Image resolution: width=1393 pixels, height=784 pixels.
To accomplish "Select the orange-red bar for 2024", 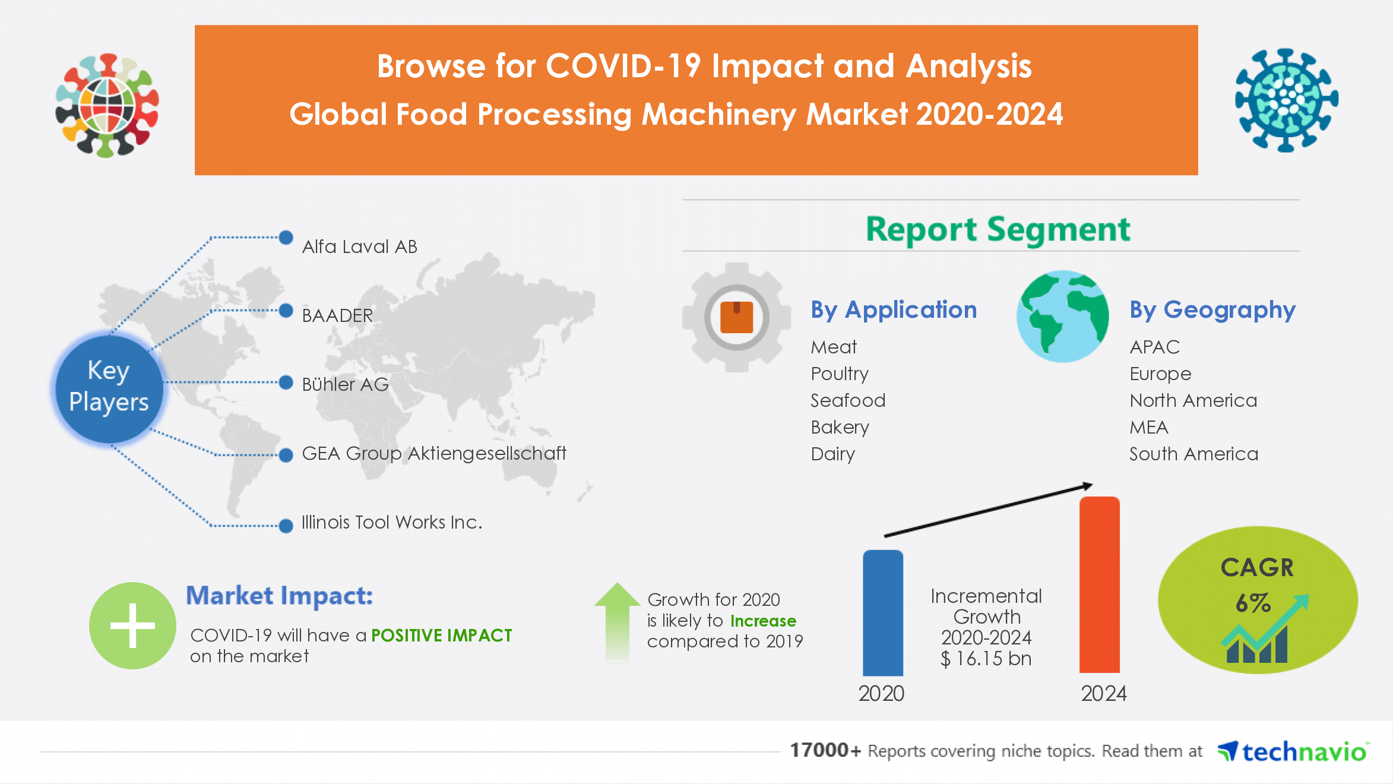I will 1099,585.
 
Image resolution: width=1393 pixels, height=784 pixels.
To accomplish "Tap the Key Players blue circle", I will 109,387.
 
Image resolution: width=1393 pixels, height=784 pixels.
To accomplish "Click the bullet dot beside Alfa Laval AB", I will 286,238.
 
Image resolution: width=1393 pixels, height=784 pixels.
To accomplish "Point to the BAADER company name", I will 337,315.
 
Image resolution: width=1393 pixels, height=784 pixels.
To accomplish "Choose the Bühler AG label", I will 345,384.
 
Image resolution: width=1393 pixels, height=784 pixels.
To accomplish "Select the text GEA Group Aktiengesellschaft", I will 434,453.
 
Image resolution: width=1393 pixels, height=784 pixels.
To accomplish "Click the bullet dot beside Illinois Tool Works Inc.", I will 286,526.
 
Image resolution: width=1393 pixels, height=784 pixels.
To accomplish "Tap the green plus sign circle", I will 132,625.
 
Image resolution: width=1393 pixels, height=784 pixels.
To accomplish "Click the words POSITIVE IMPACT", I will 441,636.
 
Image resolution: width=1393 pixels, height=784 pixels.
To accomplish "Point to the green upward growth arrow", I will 617,621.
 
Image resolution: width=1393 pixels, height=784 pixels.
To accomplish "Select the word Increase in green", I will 763,621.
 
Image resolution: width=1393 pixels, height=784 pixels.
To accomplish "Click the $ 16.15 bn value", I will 986,659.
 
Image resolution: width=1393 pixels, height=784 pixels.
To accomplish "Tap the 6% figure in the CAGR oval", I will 1252,603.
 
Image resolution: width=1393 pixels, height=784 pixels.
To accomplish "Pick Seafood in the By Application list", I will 848,400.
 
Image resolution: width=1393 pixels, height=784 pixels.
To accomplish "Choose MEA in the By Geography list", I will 1149,427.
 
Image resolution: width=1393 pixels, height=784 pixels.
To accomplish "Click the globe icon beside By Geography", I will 1062,317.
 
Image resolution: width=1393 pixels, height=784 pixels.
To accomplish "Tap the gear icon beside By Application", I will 736,317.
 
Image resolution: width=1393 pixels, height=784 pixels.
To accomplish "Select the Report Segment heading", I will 998,229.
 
